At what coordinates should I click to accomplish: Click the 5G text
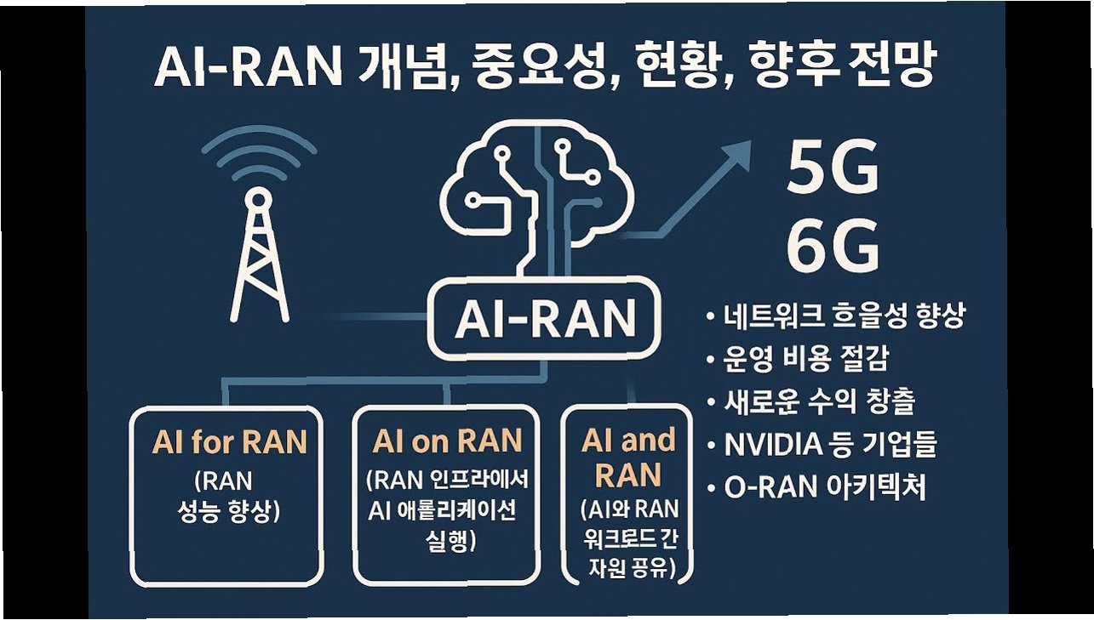[832, 169]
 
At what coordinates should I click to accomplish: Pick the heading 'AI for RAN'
[229, 442]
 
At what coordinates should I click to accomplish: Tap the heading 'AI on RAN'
[447, 441]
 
